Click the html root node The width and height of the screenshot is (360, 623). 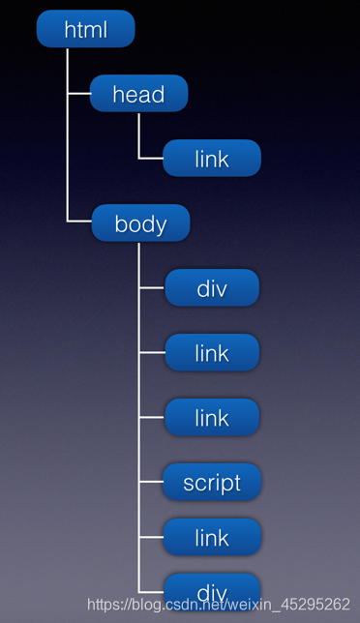pyautogui.click(x=85, y=29)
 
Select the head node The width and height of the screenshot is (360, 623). pyautogui.click(x=138, y=94)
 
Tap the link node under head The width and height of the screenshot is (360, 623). pyautogui.click(x=212, y=159)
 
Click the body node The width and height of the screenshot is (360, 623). pyautogui.click(x=140, y=223)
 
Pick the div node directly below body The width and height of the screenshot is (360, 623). pyautogui.click(x=212, y=288)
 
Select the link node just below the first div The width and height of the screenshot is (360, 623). pyautogui.click(x=212, y=353)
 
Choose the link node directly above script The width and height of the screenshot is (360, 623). pyautogui.click(x=212, y=417)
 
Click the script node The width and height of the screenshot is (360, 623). pyautogui.click(x=212, y=482)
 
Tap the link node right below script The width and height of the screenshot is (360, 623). pyautogui.click(x=212, y=537)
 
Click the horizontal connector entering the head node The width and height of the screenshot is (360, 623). pyautogui.click(x=78, y=94)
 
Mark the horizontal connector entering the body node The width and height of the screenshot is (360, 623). pyautogui.click(x=79, y=222)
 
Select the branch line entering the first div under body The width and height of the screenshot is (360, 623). pyautogui.click(x=152, y=288)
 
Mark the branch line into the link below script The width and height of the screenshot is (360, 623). pyautogui.click(x=152, y=537)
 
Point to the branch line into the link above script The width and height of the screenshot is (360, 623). pyautogui.click(x=152, y=417)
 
